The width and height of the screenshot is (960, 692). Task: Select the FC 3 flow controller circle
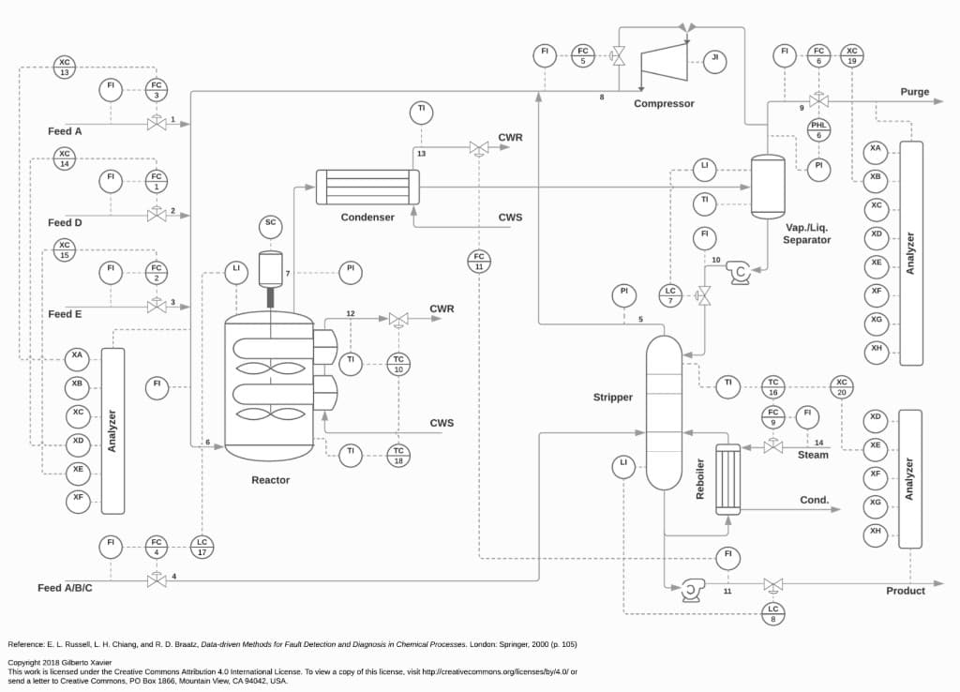(x=157, y=90)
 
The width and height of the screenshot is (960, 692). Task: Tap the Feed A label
(x=65, y=131)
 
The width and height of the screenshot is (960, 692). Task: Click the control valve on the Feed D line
(x=157, y=216)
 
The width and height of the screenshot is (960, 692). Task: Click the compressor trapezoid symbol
(x=665, y=67)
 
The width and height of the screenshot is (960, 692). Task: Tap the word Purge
(x=914, y=92)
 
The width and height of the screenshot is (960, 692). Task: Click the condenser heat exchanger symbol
(x=367, y=187)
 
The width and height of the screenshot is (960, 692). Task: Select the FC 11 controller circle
(x=479, y=261)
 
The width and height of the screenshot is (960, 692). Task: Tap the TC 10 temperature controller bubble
(x=398, y=364)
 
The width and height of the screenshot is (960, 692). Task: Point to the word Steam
(x=813, y=455)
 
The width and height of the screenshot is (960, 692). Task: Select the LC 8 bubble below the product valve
(x=773, y=614)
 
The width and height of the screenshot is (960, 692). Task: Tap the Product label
(x=906, y=591)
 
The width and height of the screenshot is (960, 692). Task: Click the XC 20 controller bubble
(x=842, y=387)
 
